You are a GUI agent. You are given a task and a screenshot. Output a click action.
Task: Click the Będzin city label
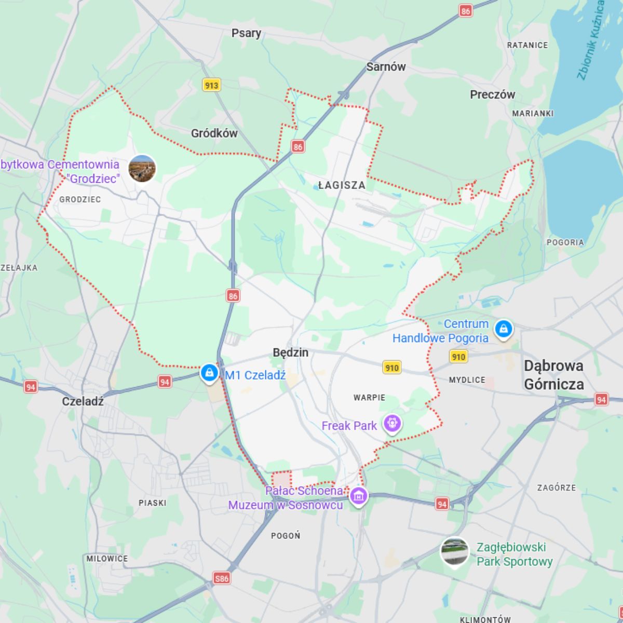pyautogui.click(x=290, y=353)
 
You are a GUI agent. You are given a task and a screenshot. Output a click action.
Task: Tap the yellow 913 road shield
pyautogui.click(x=211, y=85)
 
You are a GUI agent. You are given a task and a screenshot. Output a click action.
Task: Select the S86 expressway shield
pyautogui.click(x=222, y=578)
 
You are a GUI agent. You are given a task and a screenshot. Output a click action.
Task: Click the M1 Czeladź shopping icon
pyautogui.click(x=209, y=372)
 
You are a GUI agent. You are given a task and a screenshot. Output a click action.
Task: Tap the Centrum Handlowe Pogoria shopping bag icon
pyautogui.click(x=503, y=329)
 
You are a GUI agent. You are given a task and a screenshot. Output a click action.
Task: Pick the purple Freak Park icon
pyautogui.click(x=392, y=424)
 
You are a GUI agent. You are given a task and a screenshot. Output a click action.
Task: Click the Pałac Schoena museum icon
pyautogui.click(x=358, y=495)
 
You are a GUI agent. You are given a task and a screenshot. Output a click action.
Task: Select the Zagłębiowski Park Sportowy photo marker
pyautogui.click(x=454, y=551)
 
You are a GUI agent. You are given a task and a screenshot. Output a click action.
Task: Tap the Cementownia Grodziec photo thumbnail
pyautogui.click(x=142, y=168)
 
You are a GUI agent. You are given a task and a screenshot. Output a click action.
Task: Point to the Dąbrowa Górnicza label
pyautogui.click(x=553, y=375)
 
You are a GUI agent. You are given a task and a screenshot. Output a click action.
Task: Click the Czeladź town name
pyautogui.click(x=83, y=401)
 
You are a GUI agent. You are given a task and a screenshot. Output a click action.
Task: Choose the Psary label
pyautogui.click(x=246, y=33)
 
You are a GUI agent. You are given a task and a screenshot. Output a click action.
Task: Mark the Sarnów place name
pyautogui.click(x=386, y=66)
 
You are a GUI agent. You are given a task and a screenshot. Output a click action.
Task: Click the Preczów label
pyautogui.click(x=492, y=94)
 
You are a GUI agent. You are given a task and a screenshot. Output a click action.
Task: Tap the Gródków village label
pyautogui.click(x=214, y=133)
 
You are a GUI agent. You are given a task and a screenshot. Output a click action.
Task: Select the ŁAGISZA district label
pyautogui.click(x=342, y=185)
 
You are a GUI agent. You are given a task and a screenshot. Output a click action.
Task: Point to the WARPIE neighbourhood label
pyautogui.click(x=369, y=398)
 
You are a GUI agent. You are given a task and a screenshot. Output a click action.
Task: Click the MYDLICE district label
pyautogui.click(x=467, y=380)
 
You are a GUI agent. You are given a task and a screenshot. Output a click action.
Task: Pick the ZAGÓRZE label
pyautogui.click(x=556, y=487)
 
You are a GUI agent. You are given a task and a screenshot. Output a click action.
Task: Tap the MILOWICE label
pyautogui.click(x=107, y=559)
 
